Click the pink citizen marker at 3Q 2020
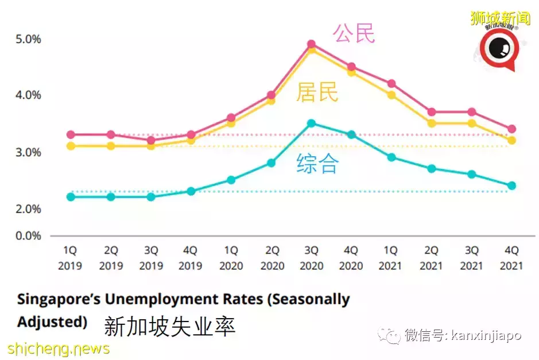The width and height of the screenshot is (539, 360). point(311,44)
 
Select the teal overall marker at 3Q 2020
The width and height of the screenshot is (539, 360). point(311,123)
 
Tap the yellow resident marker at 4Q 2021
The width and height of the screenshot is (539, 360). point(511,140)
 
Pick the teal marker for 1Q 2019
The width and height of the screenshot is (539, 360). point(71,197)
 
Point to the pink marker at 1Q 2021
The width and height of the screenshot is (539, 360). point(391,84)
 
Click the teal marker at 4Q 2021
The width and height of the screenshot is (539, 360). point(511,185)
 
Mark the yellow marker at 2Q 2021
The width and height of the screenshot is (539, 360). point(432,123)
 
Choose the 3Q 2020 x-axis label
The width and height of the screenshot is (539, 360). point(311,258)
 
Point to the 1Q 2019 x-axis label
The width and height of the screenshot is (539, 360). point(71,258)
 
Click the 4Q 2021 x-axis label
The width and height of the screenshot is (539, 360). point(511,258)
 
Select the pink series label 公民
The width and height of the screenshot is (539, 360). point(354,33)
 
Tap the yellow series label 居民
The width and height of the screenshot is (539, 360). point(317,92)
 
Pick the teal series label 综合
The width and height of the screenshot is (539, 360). point(317,164)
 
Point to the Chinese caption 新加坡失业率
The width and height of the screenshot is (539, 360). point(169,327)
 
